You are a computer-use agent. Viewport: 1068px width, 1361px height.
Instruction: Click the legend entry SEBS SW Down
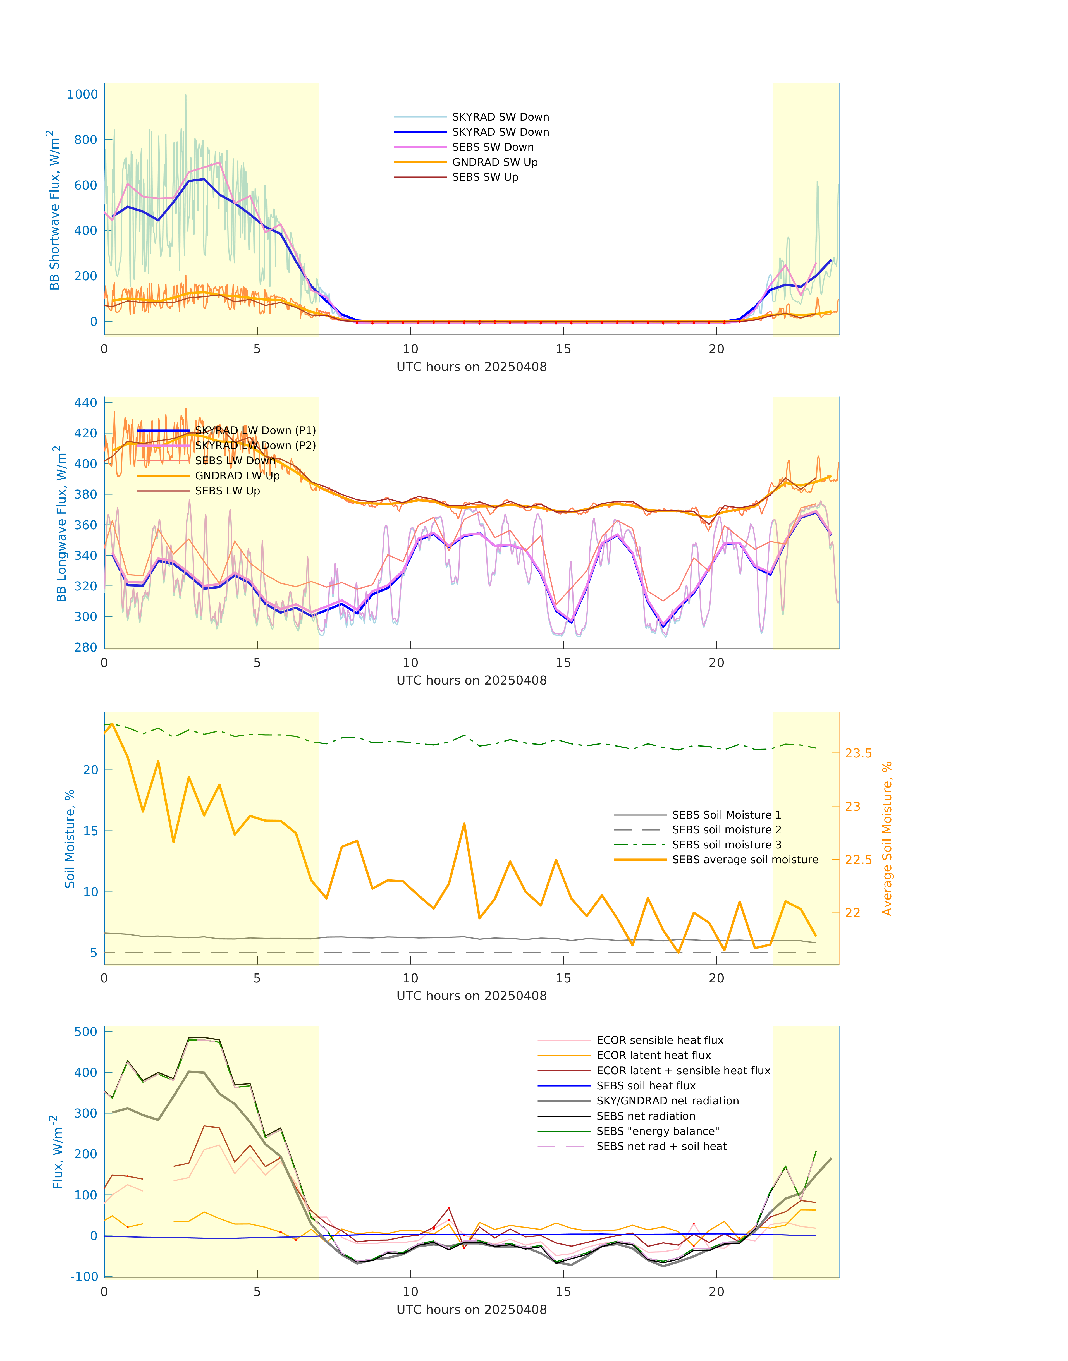click(493, 147)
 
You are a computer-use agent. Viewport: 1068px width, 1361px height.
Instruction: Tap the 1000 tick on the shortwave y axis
click(83, 94)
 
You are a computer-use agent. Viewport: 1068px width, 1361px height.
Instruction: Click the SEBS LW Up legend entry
click(227, 491)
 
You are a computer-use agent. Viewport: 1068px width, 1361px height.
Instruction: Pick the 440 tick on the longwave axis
click(86, 403)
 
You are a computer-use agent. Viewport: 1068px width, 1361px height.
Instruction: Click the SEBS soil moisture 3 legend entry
click(726, 845)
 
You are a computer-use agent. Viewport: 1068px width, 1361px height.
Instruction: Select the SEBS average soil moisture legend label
click(745, 860)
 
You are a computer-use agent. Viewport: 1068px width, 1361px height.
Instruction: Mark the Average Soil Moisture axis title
click(887, 838)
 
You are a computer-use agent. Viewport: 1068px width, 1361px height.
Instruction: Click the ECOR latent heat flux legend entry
click(653, 1055)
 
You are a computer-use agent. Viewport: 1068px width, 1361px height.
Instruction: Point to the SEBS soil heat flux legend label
click(646, 1086)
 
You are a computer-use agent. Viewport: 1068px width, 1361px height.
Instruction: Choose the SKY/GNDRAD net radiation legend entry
click(667, 1101)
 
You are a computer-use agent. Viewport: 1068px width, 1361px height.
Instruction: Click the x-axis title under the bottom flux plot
click(472, 1310)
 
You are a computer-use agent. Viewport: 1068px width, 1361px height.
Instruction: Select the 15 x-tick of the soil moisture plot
click(563, 979)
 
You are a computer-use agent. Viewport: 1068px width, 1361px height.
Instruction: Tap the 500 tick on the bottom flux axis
click(86, 1032)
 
